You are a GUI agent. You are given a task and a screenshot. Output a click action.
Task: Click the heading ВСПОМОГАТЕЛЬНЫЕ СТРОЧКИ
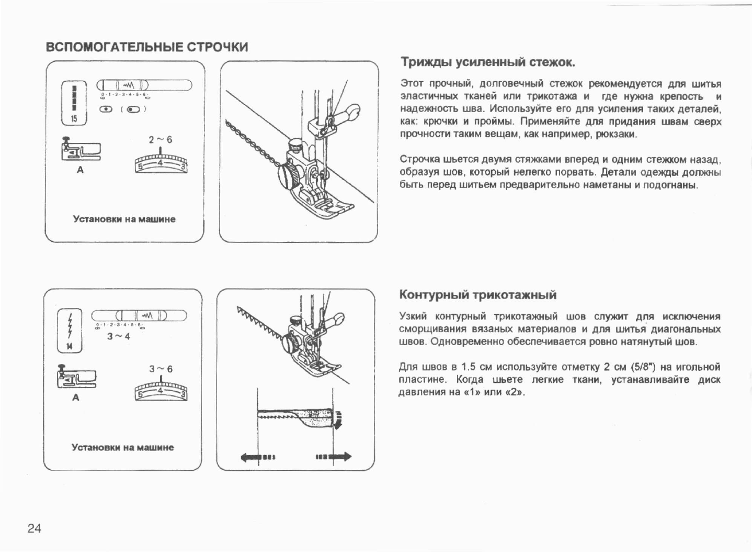click(x=147, y=47)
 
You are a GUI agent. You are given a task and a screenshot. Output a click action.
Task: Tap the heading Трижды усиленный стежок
click(x=487, y=63)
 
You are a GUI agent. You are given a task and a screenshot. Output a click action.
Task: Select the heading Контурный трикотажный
click(x=477, y=295)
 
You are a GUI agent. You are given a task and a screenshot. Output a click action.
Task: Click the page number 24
click(x=35, y=528)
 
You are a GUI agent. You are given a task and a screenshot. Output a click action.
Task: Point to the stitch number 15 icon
click(x=74, y=103)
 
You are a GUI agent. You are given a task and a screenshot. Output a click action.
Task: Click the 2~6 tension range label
click(x=160, y=140)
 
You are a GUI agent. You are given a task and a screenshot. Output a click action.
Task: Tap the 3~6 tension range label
click(x=161, y=369)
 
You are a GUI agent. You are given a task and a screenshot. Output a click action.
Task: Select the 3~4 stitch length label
click(x=118, y=337)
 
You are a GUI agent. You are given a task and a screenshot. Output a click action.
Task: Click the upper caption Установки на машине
click(x=124, y=219)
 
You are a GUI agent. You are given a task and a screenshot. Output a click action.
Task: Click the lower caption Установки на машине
click(x=122, y=448)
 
